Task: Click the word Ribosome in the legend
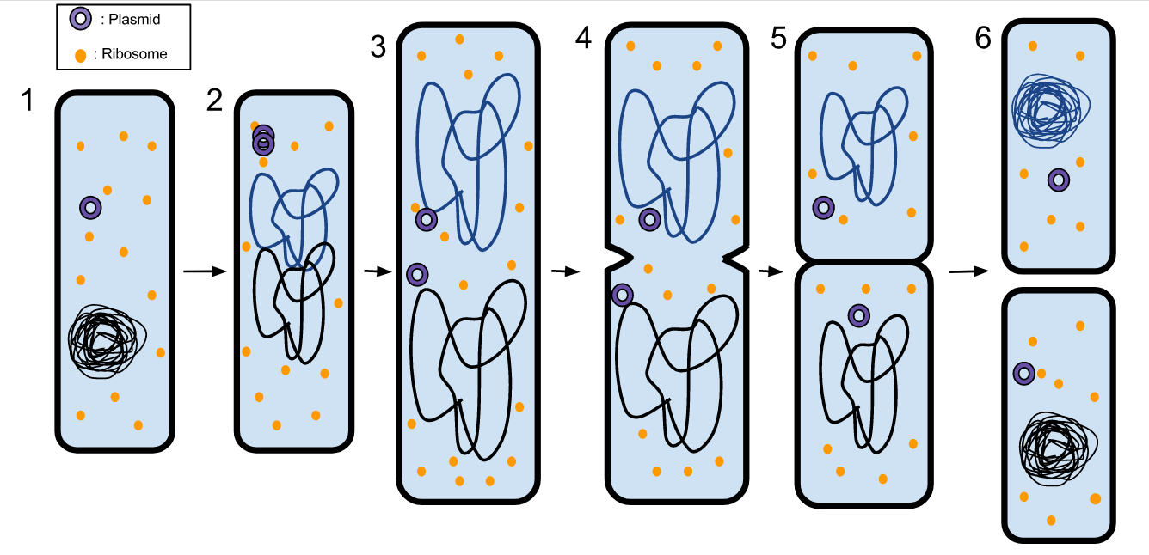tap(134, 54)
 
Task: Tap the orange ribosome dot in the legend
tap(80, 55)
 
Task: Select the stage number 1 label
tap(28, 101)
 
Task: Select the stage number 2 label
tap(215, 101)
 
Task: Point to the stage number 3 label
tap(378, 47)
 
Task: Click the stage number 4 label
tap(584, 39)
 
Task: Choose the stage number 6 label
tap(984, 39)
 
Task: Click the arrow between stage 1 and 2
tap(204, 271)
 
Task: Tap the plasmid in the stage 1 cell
tap(90, 207)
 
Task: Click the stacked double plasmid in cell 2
tap(263, 139)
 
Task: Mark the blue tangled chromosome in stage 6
tap(1046, 109)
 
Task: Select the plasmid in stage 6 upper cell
tap(1059, 180)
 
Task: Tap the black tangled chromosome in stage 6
tap(1054, 444)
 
